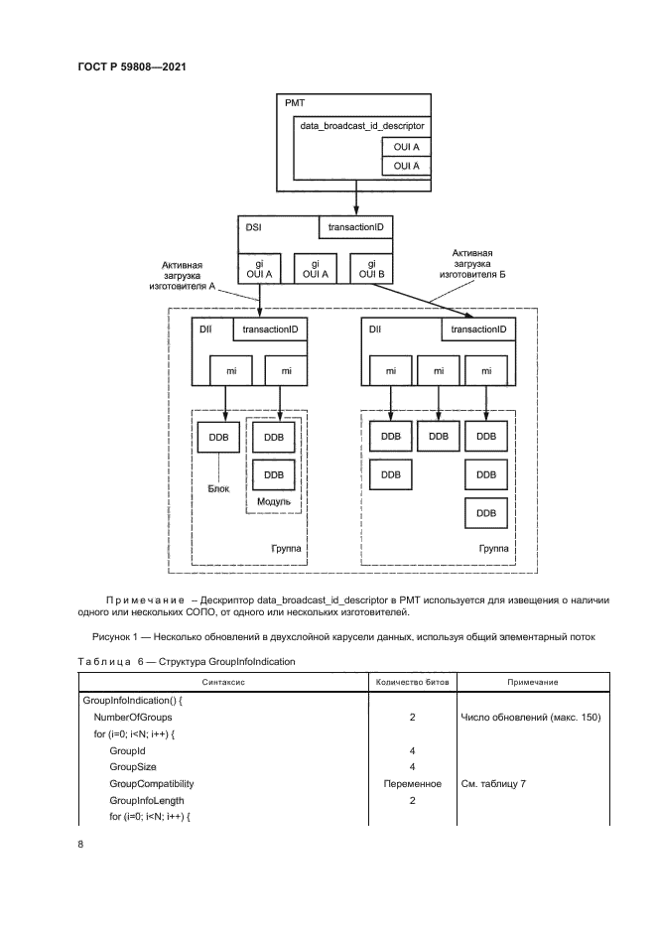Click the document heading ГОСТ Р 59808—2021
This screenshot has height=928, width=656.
point(132,66)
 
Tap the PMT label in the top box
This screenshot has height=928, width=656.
point(295,103)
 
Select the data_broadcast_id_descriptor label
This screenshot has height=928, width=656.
point(362,126)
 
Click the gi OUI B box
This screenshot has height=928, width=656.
point(371,269)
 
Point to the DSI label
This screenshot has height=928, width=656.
point(253,227)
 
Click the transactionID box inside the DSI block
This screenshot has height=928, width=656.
point(355,227)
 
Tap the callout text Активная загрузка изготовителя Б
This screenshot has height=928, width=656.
point(472,263)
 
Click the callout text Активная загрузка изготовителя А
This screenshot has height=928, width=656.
point(182,276)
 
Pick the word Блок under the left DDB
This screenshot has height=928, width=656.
point(218,489)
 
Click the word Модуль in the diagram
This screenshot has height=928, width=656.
point(274,502)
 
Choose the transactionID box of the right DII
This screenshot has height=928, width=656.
point(478,330)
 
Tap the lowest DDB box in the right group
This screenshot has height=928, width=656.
point(485,513)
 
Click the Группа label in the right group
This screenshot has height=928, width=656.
point(493,549)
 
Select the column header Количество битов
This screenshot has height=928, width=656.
point(412,682)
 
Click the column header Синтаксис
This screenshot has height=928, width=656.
point(223,682)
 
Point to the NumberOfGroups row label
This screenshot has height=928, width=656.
point(133,718)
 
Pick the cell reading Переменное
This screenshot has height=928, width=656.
point(412,784)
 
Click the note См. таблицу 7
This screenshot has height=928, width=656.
point(493,784)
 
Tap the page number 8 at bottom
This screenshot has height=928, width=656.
point(80,845)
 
